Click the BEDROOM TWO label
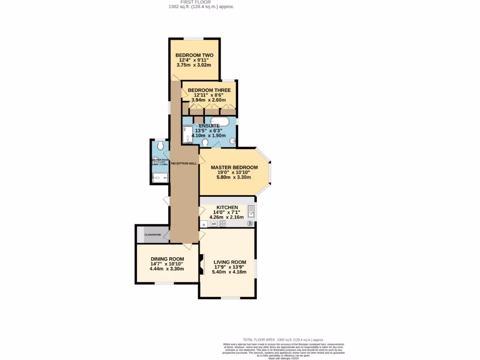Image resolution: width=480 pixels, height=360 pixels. (194, 55)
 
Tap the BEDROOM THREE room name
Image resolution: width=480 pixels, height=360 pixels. (209, 90)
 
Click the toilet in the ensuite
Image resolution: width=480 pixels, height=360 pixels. (205, 142)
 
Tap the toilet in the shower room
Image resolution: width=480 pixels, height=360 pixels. (161, 146)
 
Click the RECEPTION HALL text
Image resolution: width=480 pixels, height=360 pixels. (184, 164)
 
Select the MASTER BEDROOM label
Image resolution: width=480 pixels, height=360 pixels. (234, 168)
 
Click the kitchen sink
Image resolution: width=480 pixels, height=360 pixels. (251, 212)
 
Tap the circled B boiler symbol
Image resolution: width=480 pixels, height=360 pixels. (250, 224)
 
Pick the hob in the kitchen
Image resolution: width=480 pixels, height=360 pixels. (223, 224)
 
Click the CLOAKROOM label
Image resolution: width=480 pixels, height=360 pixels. (152, 234)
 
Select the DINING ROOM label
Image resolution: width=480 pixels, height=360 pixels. (167, 259)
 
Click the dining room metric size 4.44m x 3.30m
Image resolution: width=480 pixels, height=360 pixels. (167, 269)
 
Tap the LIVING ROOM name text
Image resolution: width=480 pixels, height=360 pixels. (230, 262)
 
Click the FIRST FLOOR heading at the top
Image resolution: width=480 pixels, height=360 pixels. (201, 2)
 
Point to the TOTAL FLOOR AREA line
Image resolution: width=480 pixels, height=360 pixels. (283, 339)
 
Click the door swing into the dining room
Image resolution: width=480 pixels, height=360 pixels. (187, 246)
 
